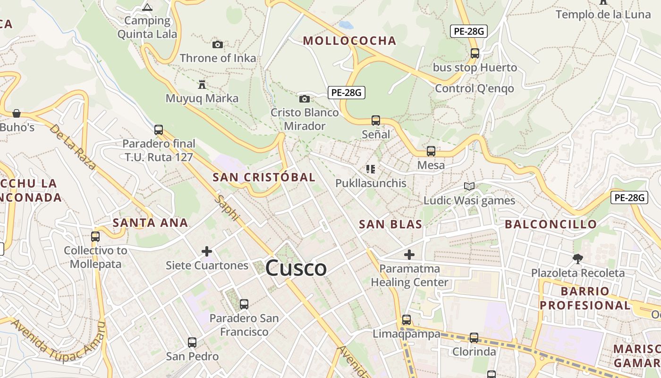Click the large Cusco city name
pos(296,268)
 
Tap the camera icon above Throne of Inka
pos(218,44)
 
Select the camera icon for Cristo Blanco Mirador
pos(305,99)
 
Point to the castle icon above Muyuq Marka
pos(202,85)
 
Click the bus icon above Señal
pos(376,120)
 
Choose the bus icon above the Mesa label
pos(431,151)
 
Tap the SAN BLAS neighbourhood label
pos(390,224)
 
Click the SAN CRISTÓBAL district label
pos(264,178)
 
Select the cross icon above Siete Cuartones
pos(207,251)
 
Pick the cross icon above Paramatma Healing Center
pos(409,255)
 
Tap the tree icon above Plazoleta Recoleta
pos(577,258)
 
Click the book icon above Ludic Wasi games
pos(469,187)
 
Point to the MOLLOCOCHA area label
pos(349,41)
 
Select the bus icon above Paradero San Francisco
pos(244,304)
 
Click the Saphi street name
pos(228,207)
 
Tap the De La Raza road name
pos(72,146)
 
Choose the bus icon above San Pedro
pos(192,342)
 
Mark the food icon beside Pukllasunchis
pos(371,169)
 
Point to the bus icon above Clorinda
pos(474,338)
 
